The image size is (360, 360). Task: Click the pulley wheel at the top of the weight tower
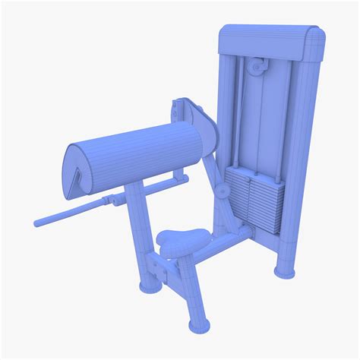tap(259, 68)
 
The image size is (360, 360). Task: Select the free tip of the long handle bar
tap(39, 222)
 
